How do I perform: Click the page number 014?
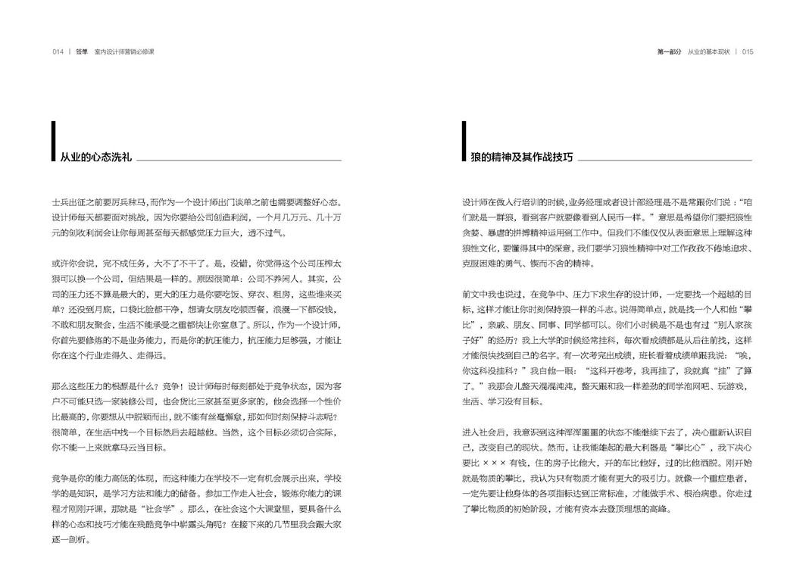pos(57,52)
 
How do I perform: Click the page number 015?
pos(747,52)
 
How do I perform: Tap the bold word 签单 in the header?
pos(82,52)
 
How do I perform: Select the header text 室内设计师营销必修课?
pos(130,52)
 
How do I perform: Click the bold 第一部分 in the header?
pos(670,52)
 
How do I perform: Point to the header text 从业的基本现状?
pos(708,52)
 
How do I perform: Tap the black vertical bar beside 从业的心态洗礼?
pos(53,142)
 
